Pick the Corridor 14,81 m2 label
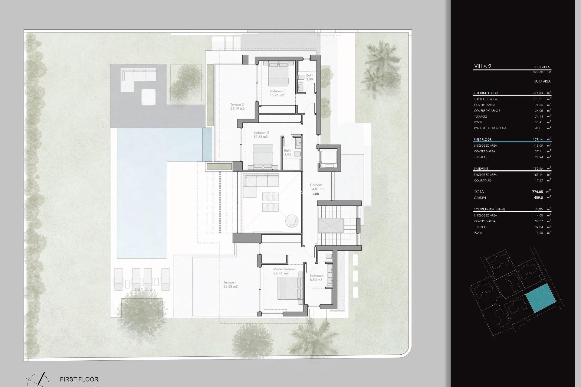click(317, 187)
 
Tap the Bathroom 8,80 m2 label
click(317, 278)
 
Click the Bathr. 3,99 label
click(310, 77)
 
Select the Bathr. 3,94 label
click(288, 152)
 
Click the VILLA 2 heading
click(483, 67)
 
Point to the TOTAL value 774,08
click(537, 192)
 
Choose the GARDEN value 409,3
click(538, 198)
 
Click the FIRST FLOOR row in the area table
click(483, 139)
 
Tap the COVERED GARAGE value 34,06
click(538, 111)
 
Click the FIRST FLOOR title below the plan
click(79, 379)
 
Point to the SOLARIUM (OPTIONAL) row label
click(489, 209)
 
